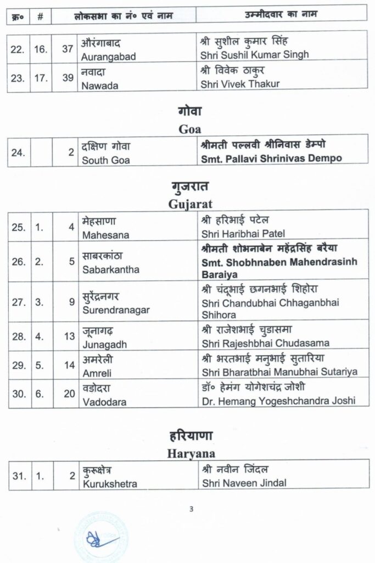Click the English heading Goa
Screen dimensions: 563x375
190,130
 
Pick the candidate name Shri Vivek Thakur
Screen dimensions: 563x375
241,84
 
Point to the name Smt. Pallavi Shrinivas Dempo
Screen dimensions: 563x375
272,159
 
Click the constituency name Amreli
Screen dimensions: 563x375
97,372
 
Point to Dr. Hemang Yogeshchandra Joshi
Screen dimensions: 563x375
278,401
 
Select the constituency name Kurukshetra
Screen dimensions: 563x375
110,484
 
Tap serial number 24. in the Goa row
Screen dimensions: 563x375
18,153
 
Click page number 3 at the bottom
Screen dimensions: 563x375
191,509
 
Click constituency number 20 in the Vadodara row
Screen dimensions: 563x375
68,395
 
